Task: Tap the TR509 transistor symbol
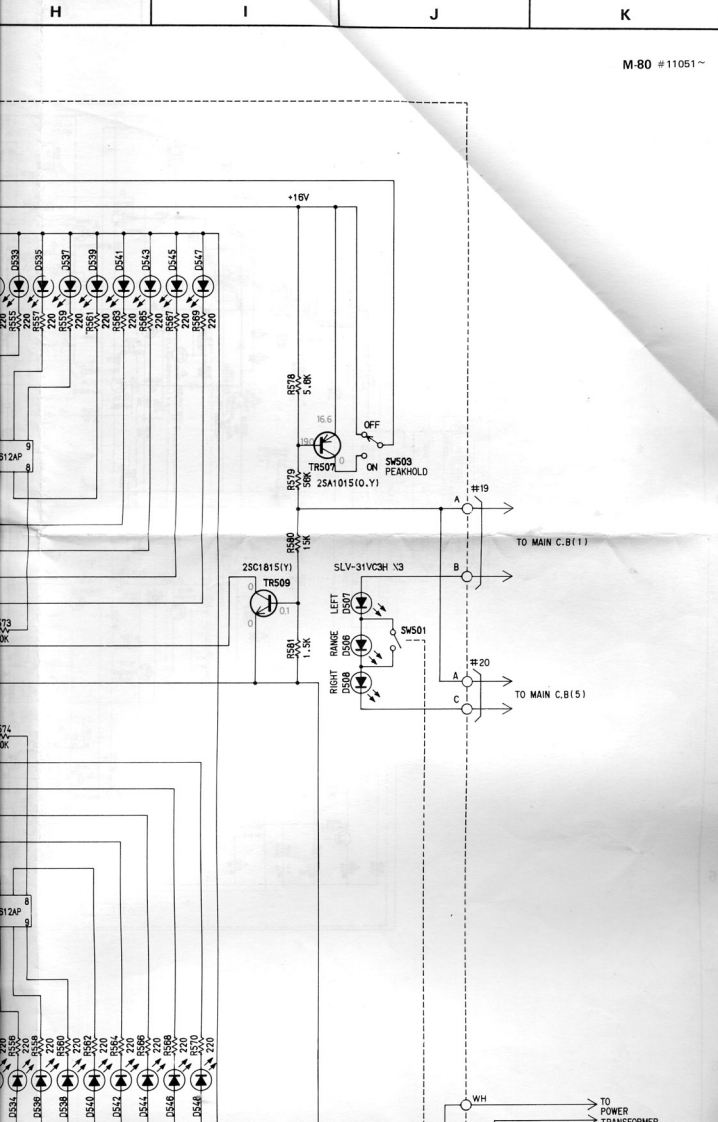click(264, 603)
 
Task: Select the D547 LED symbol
click(203, 287)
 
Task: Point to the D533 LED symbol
click(15, 287)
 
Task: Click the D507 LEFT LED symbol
click(363, 605)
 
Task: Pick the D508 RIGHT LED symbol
click(363, 682)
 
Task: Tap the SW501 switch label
click(413, 631)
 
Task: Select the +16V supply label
click(297, 198)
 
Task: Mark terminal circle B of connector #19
click(467, 576)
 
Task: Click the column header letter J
click(433, 14)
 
